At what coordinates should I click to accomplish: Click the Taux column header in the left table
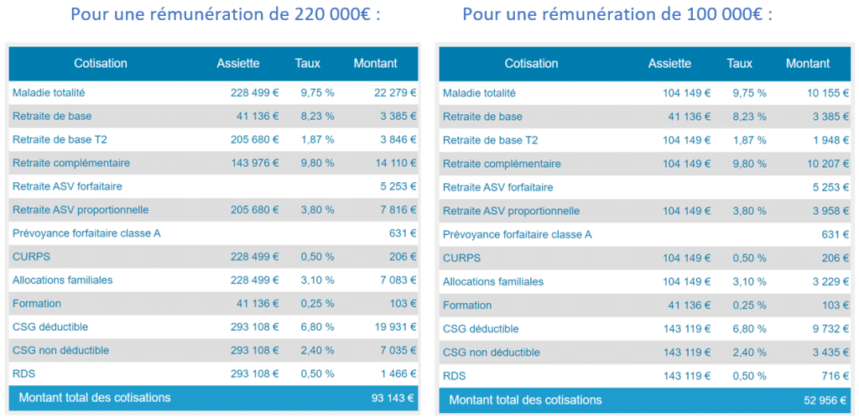308,63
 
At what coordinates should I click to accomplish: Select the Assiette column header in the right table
669,63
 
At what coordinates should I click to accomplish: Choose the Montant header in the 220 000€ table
375,63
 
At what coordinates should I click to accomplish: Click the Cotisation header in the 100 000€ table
531,63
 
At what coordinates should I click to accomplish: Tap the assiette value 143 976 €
255,163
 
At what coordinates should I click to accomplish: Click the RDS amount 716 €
827,376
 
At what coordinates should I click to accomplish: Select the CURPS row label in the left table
29,257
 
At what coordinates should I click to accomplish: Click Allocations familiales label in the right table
492,282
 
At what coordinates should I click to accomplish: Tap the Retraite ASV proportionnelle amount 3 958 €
823,211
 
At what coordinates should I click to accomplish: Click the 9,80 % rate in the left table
317,163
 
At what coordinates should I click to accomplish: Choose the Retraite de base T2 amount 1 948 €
823,140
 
